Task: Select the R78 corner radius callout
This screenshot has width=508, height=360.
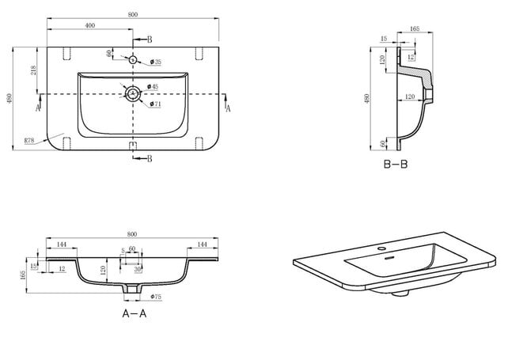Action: [x=28, y=140]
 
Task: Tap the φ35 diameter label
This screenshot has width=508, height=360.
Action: [x=156, y=62]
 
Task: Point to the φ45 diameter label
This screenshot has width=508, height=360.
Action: [x=154, y=87]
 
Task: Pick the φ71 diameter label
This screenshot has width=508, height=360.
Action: [x=157, y=103]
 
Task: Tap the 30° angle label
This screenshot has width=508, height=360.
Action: [x=138, y=269]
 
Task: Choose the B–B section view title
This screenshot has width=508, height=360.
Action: [x=396, y=164]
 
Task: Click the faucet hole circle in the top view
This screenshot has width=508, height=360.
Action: [x=133, y=59]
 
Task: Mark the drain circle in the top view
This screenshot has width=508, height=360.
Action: [x=133, y=94]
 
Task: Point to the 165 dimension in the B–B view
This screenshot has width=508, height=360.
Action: [x=412, y=29]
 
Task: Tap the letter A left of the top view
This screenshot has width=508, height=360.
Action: [x=37, y=104]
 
